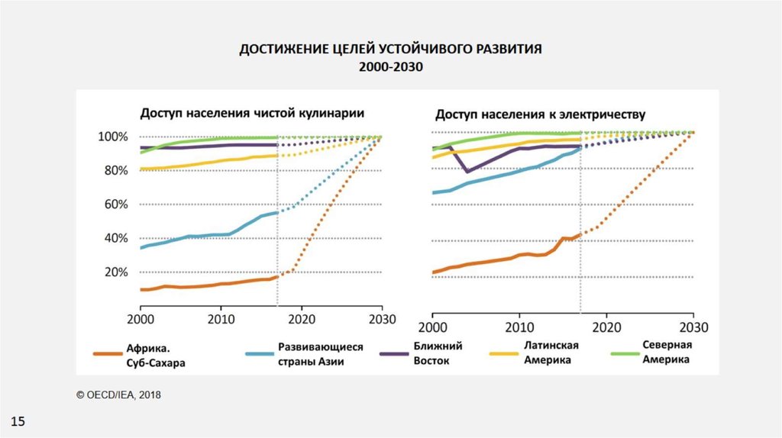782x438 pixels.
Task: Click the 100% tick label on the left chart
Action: [113, 137]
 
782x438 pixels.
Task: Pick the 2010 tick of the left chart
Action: [221, 318]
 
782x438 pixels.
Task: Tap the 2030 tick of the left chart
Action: [382, 318]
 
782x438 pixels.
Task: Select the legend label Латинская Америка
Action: [551, 353]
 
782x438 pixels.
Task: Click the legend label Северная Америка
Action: [666, 352]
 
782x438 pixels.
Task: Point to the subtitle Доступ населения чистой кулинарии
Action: [250, 113]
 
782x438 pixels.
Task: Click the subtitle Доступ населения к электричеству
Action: [541, 115]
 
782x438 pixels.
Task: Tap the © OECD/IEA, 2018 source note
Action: [118, 395]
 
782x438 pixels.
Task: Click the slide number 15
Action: [18, 421]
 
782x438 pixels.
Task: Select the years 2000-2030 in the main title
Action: [390, 66]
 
